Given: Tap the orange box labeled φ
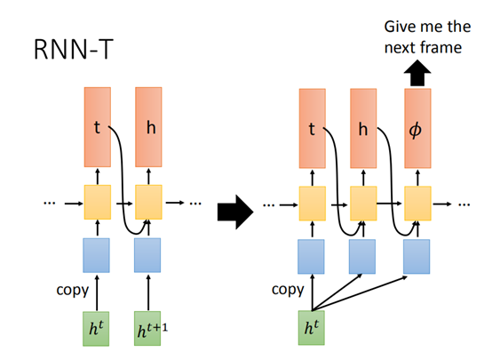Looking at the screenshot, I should (417, 128).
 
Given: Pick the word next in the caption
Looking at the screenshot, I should (396, 48).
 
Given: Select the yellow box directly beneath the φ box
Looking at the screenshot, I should (417, 204).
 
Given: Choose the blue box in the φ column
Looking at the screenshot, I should (417, 256).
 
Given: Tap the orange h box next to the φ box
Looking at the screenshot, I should (364, 128).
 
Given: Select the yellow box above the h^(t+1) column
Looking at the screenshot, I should (147, 203).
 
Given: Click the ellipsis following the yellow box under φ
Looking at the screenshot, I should (464, 204).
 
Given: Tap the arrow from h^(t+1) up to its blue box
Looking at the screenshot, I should (147, 291).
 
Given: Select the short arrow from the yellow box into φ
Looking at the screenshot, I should (417, 177).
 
